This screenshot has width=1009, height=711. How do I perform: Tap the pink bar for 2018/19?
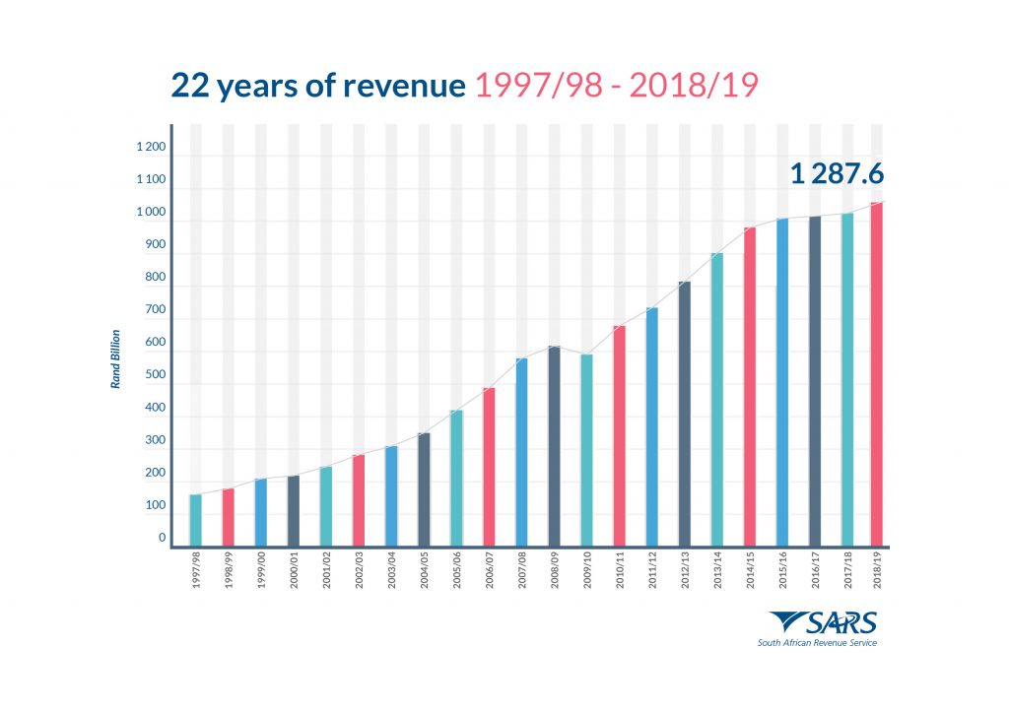coord(877,374)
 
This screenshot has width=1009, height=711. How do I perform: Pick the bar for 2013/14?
coord(716,399)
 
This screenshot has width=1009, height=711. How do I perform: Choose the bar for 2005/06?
coord(456,478)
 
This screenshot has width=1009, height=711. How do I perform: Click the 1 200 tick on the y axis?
coord(151,148)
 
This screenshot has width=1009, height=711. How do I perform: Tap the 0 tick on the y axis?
coord(162,538)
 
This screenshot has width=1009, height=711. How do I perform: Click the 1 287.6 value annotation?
coord(837,175)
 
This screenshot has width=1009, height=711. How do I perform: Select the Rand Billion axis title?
coord(114,358)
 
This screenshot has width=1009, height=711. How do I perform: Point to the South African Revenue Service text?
coord(816,643)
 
